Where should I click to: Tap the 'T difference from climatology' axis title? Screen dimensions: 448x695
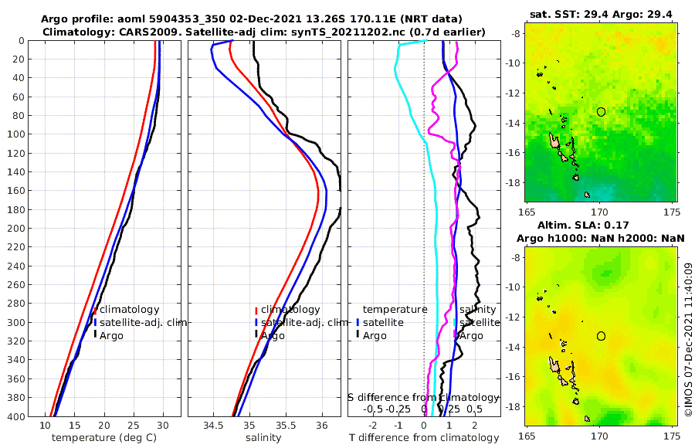[x=423, y=438]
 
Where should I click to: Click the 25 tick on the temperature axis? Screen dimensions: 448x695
[x=133, y=425]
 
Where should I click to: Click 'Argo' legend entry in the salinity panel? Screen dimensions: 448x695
[x=272, y=336]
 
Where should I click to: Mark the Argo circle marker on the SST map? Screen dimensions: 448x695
[x=601, y=111]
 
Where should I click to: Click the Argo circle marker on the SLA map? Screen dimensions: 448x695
[x=601, y=336]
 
